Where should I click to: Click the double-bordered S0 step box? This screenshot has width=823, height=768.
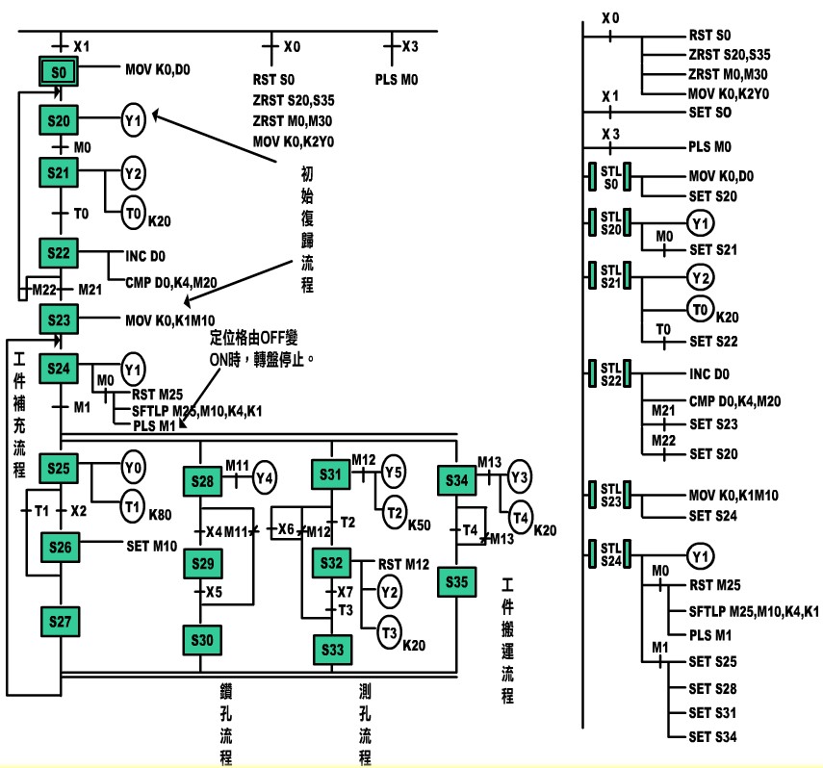click(59, 71)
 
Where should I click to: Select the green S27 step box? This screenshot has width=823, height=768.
click(59, 622)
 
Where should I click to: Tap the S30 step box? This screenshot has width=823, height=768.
click(201, 639)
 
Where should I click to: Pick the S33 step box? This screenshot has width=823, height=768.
click(332, 650)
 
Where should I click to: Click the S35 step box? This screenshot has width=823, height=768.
click(457, 582)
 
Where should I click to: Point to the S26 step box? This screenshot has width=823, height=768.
click(59, 547)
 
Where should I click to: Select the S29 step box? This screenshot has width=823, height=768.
click(201, 562)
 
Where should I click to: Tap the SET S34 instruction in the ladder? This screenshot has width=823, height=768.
click(715, 737)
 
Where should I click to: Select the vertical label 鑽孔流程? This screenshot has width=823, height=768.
click(226, 722)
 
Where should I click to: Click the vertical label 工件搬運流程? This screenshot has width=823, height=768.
click(507, 640)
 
